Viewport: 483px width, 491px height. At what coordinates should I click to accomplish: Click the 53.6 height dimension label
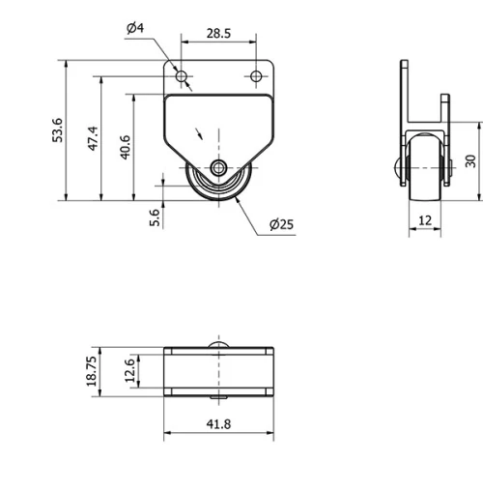pos(57,130)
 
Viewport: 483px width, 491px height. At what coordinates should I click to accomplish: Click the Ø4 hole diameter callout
pos(135,28)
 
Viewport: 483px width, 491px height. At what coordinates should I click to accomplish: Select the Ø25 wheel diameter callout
pos(281,224)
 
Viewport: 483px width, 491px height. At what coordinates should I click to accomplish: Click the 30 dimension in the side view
pos(470,160)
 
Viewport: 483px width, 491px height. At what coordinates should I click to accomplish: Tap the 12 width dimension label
pos(426,220)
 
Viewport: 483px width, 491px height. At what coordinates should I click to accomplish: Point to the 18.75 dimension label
pos(93,371)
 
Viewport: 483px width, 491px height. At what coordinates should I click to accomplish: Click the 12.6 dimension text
pos(131,371)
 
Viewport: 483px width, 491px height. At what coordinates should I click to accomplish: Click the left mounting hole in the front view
pos(181,76)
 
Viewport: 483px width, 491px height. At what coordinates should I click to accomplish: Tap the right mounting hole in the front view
pos(256,76)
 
